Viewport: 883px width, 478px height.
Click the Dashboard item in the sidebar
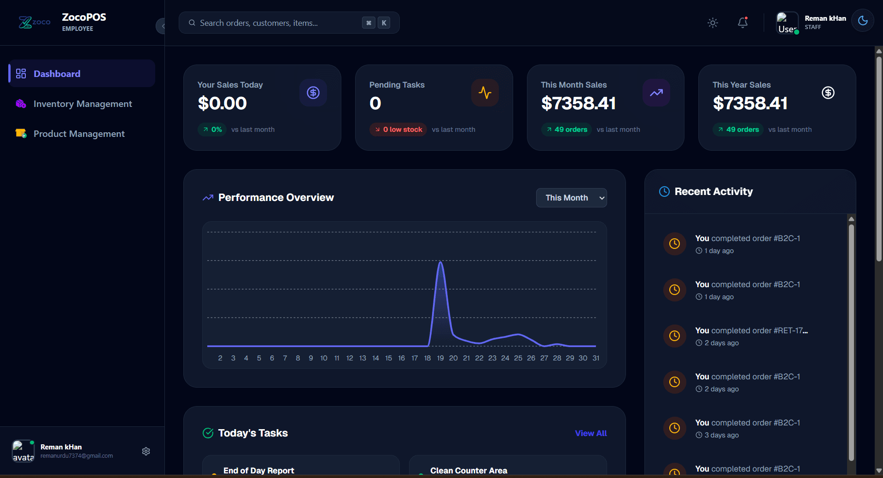[57, 74]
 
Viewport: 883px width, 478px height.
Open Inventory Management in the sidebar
[82, 104]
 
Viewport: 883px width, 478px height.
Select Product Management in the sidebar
[79, 134]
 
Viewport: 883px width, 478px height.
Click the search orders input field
[276, 23]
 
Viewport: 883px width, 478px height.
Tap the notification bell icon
[743, 23]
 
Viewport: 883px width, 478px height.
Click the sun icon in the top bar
[713, 23]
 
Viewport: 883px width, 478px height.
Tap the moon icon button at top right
[863, 21]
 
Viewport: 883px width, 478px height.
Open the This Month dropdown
[571, 198]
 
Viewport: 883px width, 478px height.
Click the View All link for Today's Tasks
[591, 433]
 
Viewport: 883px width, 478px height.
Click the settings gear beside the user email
[146, 451]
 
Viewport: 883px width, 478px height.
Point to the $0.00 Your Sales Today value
[222, 103]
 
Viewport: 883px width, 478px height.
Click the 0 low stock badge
[398, 130]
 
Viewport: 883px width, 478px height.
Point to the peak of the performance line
[441, 262]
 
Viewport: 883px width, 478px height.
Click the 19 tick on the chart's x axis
[440, 358]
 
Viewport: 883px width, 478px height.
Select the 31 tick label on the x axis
[596, 358]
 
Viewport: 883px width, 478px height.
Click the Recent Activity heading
[713, 192]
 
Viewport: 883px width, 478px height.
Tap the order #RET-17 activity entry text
[751, 330]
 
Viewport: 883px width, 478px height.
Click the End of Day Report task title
[258, 471]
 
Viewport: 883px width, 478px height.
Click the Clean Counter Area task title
[468, 471]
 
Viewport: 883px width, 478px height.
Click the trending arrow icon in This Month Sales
[656, 93]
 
